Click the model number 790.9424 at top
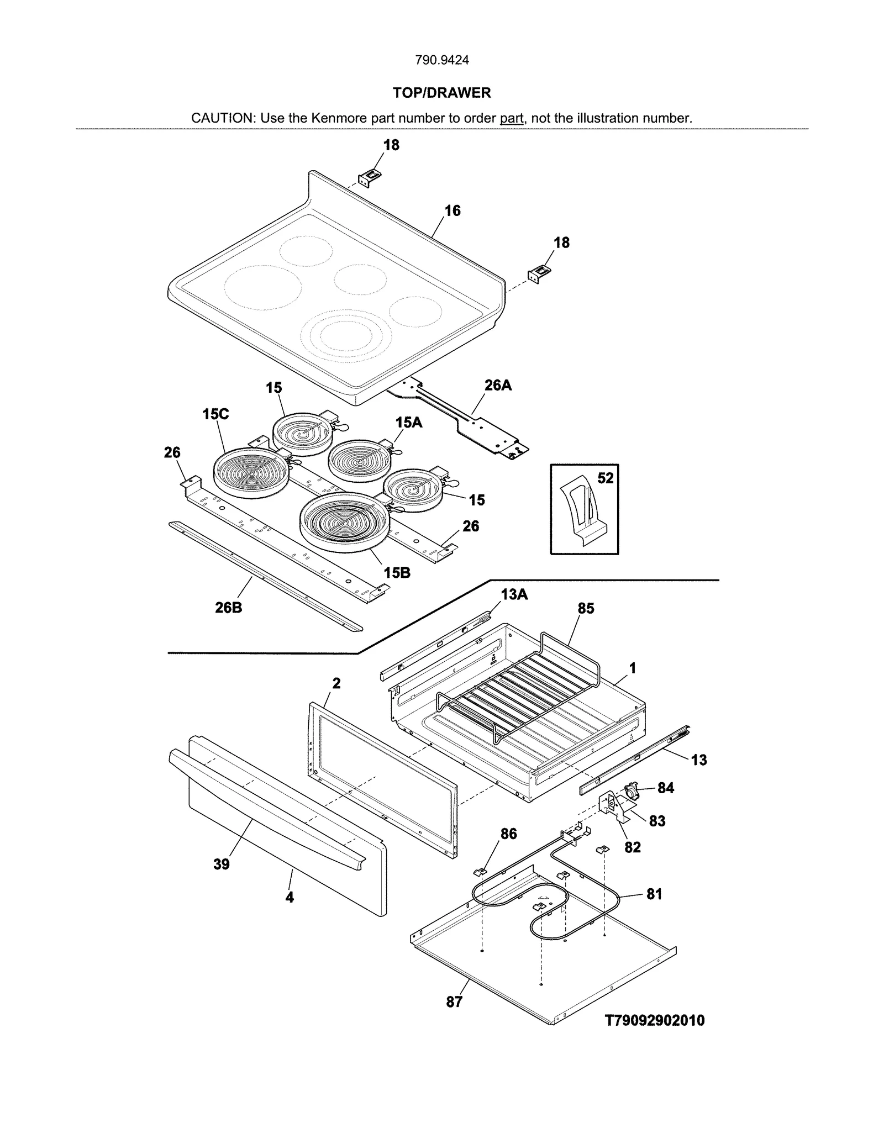click(x=441, y=60)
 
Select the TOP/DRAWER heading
click(x=441, y=93)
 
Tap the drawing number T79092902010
click(x=655, y=1020)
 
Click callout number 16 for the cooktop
click(x=452, y=210)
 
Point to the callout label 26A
click(x=498, y=385)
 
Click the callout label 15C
click(x=215, y=414)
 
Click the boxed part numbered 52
click(x=584, y=509)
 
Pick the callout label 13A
click(x=514, y=594)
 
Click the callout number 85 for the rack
click(x=586, y=608)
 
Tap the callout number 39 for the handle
click(x=221, y=864)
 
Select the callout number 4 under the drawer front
click(x=290, y=897)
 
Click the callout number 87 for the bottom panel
click(x=454, y=1001)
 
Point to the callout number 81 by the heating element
click(x=654, y=894)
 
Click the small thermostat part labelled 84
click(x=631, y=790)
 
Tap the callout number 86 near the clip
click(x=508, y=834)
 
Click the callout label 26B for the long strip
click(x=228, y=608)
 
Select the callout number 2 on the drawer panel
click(x=336, y=683)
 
